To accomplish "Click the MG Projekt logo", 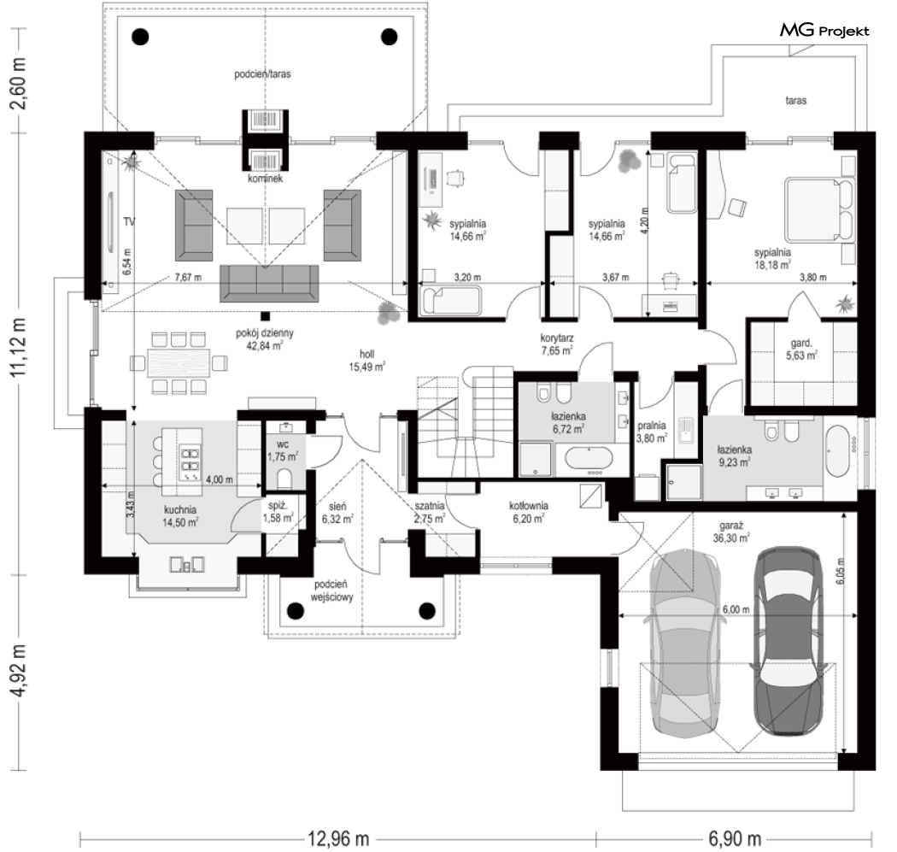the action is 824,30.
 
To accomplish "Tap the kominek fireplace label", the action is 266,179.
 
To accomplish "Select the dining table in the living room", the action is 179,363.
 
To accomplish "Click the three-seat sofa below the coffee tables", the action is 269,283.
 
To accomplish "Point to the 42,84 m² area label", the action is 264,345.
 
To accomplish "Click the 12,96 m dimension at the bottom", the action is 338,839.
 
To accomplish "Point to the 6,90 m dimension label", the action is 735,839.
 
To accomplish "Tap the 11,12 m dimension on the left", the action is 18,347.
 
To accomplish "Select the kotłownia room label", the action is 529,506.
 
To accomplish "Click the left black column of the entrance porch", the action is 296,610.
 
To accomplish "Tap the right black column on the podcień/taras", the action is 389,37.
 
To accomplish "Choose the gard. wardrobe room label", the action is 801,344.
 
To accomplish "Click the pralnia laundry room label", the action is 652,426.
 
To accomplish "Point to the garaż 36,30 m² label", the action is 731,532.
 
